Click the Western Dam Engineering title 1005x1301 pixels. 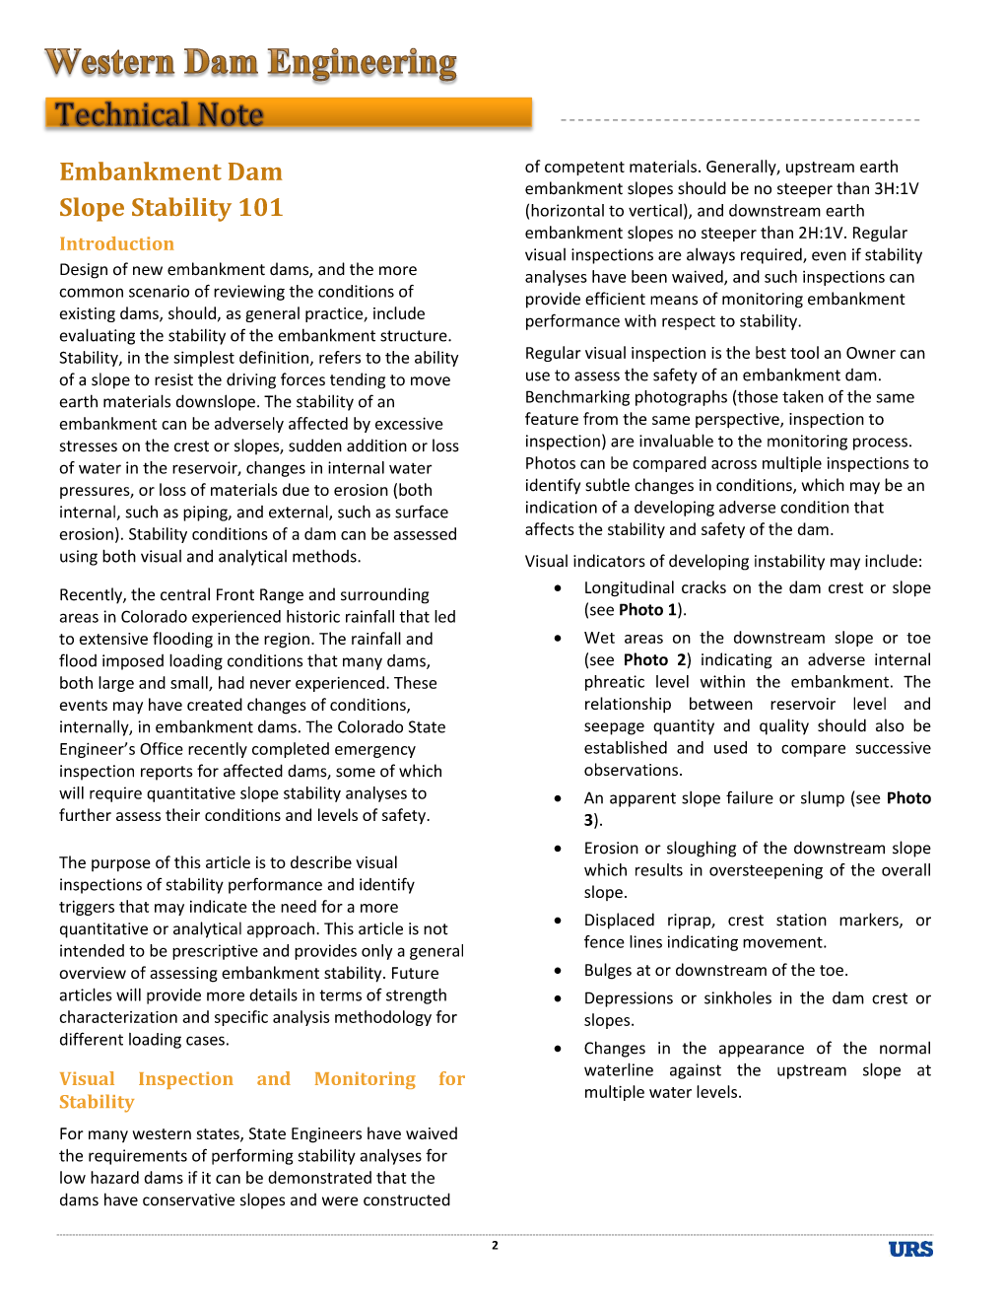click(x=250, y=63)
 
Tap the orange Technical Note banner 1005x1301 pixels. click(x=288, y=114)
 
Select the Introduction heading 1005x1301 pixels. click(x=116, y=243)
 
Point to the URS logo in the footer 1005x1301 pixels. click(x=910, y=1250)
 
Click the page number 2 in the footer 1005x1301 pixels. click(x=495, y=1246)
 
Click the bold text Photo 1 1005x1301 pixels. click(x=647, y=609)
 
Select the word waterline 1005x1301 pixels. click(x=619, y=1070)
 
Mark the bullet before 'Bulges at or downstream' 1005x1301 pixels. click(x=559, y=970)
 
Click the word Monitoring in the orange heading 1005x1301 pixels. click(x=365, y=1079)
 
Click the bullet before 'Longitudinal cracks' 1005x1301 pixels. click(x=559, y=587)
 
